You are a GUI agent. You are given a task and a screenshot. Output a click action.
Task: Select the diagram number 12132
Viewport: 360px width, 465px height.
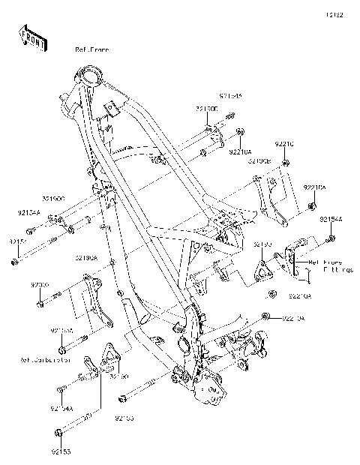(334, 14)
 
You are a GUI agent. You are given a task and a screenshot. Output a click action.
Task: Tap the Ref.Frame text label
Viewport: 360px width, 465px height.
(91, 49)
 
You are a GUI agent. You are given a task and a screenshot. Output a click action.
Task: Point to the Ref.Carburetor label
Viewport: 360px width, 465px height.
(46, 360)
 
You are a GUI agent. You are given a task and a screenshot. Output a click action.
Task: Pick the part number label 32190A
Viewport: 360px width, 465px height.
(85, 258)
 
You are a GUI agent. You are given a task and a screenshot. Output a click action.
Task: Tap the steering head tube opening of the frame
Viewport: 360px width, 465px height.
(91, 75)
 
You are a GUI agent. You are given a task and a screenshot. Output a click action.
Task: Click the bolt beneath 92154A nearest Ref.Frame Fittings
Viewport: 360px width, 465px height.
(331, 239)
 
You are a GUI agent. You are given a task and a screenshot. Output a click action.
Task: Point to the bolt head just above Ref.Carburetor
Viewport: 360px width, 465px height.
(61, 349)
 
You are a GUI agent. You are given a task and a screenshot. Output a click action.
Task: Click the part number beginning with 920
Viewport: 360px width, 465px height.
(39, 286)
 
